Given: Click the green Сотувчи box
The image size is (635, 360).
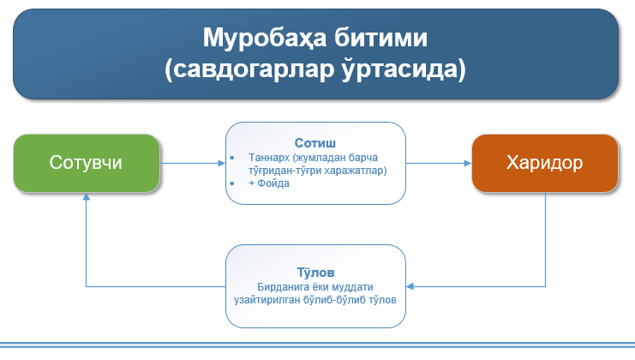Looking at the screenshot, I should [86, 163].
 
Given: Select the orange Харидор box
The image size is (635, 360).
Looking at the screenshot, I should [545, 163].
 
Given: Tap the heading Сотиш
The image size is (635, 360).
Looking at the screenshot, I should [315, 142].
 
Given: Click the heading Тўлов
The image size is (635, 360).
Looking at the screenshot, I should [315, 271].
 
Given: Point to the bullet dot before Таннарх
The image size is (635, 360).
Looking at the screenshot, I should [232, 159].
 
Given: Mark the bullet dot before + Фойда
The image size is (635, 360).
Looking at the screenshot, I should [232, 183].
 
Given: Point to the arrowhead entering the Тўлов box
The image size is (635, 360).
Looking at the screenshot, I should [411, 285].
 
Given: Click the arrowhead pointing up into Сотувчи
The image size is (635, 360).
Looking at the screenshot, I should [87, 196].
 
